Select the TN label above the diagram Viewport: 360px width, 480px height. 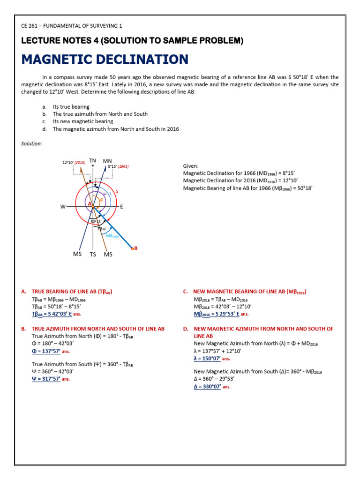tap(93, 161)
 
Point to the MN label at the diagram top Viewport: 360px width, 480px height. tap(107, 161)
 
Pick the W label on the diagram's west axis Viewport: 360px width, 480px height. tap(62, 206)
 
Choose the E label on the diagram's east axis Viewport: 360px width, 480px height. tap(122, 206)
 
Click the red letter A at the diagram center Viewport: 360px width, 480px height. tap(89, 203)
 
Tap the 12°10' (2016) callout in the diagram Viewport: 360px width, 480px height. tap(74, 163)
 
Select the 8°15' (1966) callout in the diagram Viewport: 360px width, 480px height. tap(118, 166)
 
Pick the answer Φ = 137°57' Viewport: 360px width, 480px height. tap(46, 351)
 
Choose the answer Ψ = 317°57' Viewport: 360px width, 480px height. tap(46, 379)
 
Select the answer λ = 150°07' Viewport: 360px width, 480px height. tap(207, 358)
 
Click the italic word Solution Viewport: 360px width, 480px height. tap(31, 143)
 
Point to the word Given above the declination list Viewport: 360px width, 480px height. tap(190, 166)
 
